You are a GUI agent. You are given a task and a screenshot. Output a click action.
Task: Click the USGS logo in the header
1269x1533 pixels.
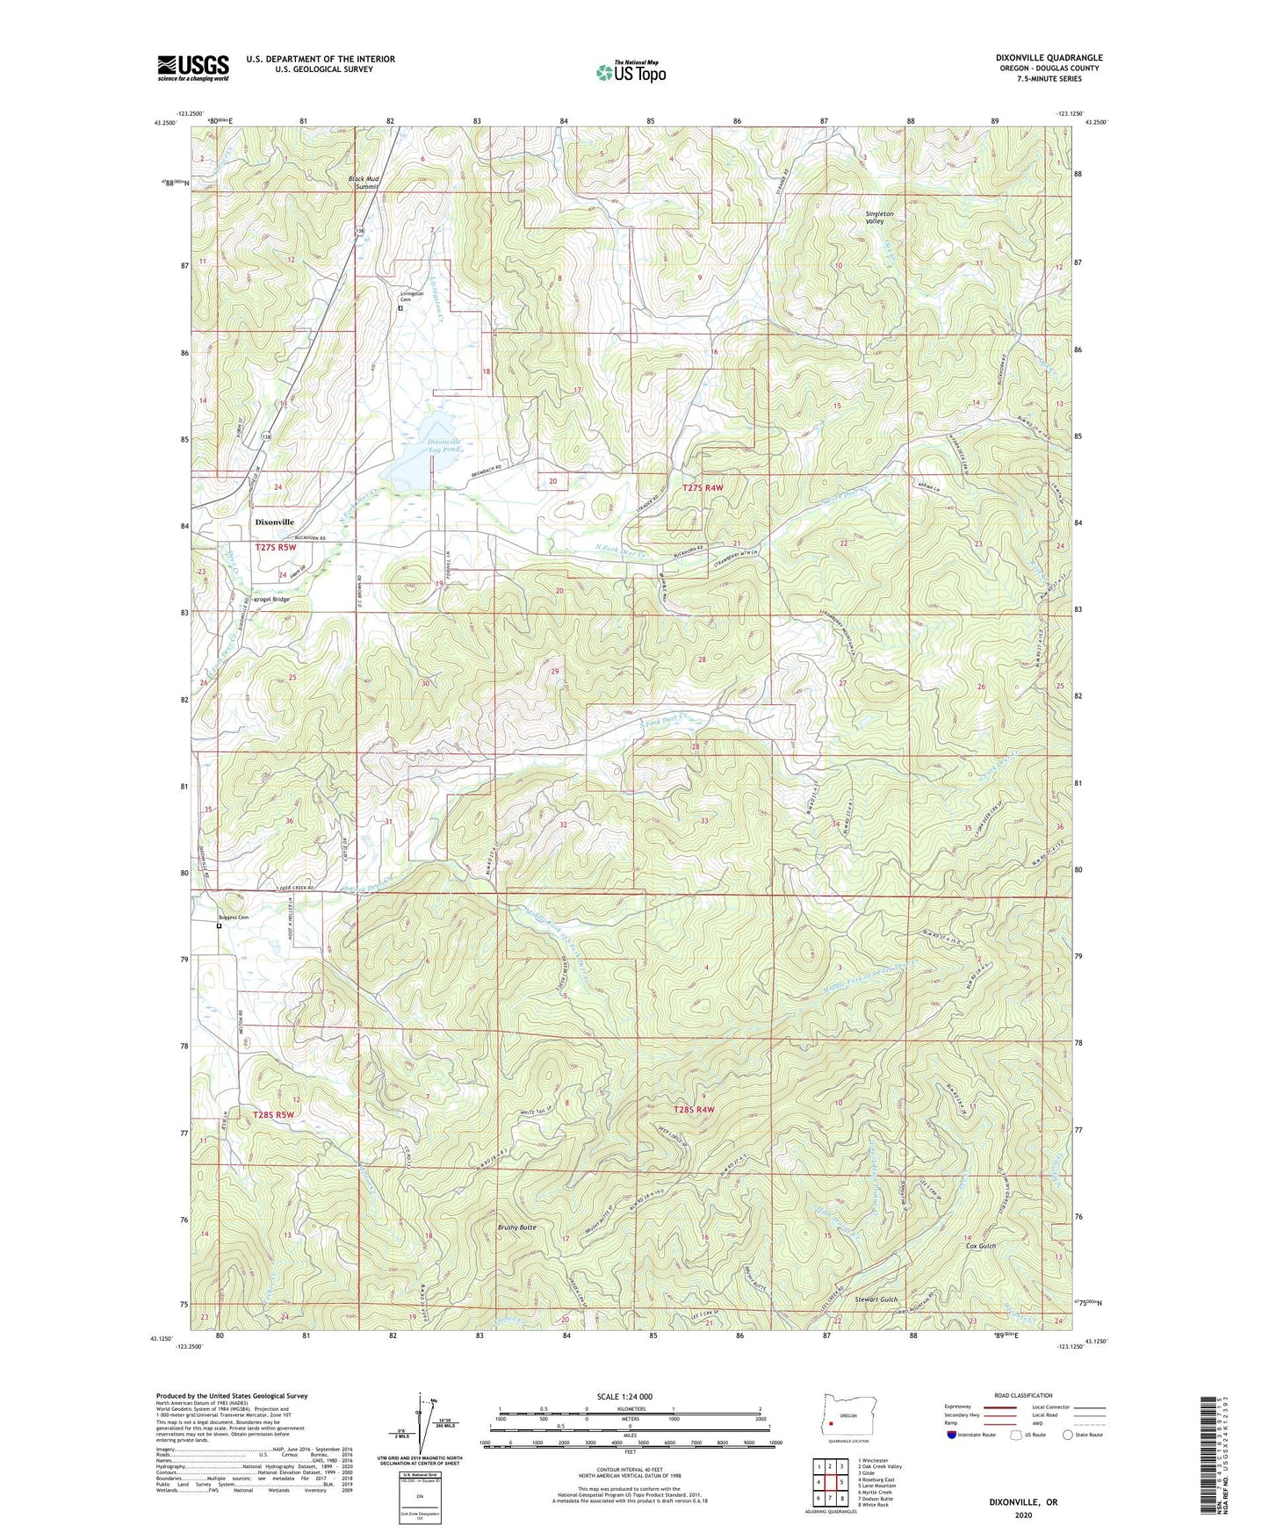pyautogui.click(x=193, y=68)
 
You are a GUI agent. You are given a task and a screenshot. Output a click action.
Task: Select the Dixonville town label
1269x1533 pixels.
pyautogui.click(x=274, y=522)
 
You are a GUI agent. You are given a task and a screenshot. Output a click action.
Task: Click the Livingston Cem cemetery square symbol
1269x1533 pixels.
pyautogui.click(x=400, y=308)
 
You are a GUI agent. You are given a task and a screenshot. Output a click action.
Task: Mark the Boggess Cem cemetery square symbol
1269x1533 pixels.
pyautogui.click(x=219, y=925)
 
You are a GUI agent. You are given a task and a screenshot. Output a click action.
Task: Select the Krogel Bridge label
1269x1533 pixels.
pyautogui.click(x=271, y=599)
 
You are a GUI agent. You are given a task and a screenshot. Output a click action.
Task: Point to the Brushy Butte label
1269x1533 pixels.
pyautogui.click(x=516, y=1227)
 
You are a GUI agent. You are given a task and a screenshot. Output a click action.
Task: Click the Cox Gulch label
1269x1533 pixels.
pyautogui.click(x=981, y=1246)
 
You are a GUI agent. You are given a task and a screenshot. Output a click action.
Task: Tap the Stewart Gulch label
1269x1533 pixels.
pyautogui.click(x=876, y=1299)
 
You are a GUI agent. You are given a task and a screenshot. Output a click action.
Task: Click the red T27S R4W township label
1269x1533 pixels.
pyautogui.click(x=703, y=487)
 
